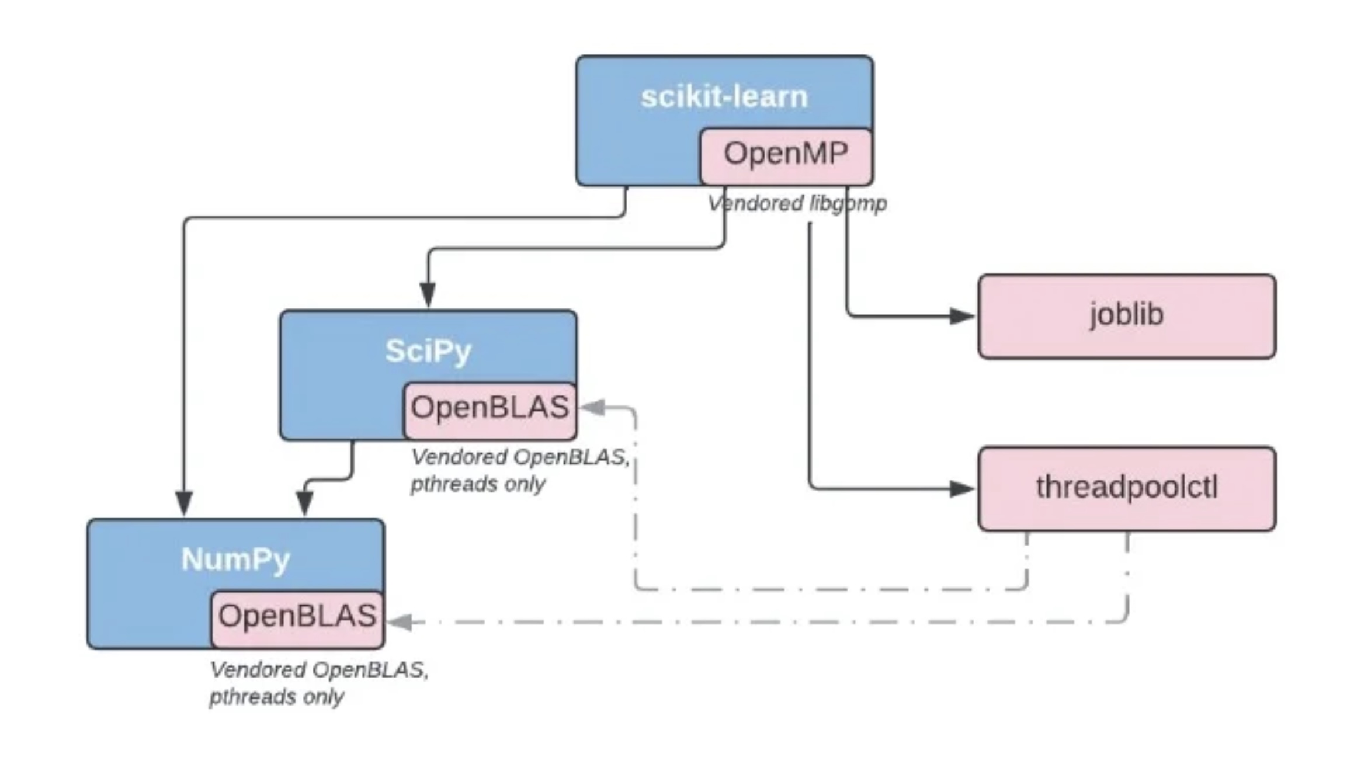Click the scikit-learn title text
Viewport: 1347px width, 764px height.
coord(724,96)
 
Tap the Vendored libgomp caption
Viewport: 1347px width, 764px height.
coord(797,203)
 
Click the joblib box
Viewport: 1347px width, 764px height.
coord(1127,316)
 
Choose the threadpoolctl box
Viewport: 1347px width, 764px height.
coord(1127,488)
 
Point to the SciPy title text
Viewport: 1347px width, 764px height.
coord(428,352)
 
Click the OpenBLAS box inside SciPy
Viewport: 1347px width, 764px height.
coord(490,411)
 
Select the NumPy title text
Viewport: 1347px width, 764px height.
coord(236,560)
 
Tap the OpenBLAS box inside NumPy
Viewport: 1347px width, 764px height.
coord(297,619)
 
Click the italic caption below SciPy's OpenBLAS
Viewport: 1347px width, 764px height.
coord(520,470)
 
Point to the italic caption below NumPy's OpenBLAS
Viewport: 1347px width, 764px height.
coord(319,683)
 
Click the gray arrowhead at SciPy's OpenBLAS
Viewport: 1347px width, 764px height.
coord(592,407)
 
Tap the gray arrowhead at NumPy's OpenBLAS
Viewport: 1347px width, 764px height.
coord(400,622)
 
